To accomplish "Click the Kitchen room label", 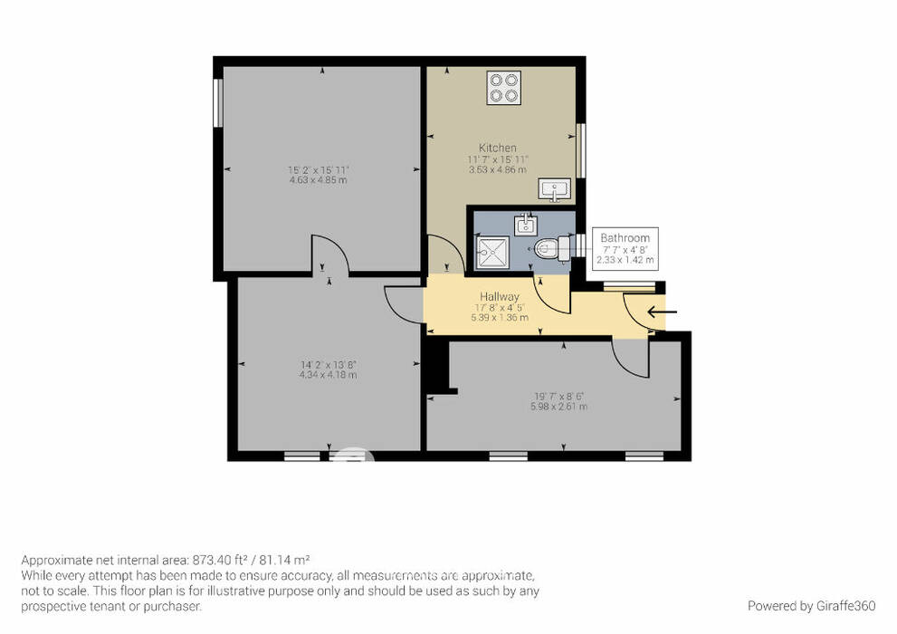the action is point(497,148).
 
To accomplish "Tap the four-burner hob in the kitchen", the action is point(504,88).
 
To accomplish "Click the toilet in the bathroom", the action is point(551,248).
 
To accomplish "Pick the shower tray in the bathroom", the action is point(492,253).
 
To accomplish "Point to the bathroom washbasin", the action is point(525,225).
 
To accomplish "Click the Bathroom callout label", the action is point(625,237).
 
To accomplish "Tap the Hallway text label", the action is point(500,296).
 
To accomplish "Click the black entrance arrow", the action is point(662,312).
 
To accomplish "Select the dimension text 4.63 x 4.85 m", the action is point(318,180).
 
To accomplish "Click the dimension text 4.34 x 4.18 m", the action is point(328,375).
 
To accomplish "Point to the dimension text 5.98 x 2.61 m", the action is point(558,407).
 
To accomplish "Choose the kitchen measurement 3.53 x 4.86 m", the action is point(498,170).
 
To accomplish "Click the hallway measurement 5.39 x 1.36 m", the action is point(500,317).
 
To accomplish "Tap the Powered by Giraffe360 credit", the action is point(811,606).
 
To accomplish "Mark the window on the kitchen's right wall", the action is point(580,150).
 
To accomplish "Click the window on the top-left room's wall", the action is point(217,102).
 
